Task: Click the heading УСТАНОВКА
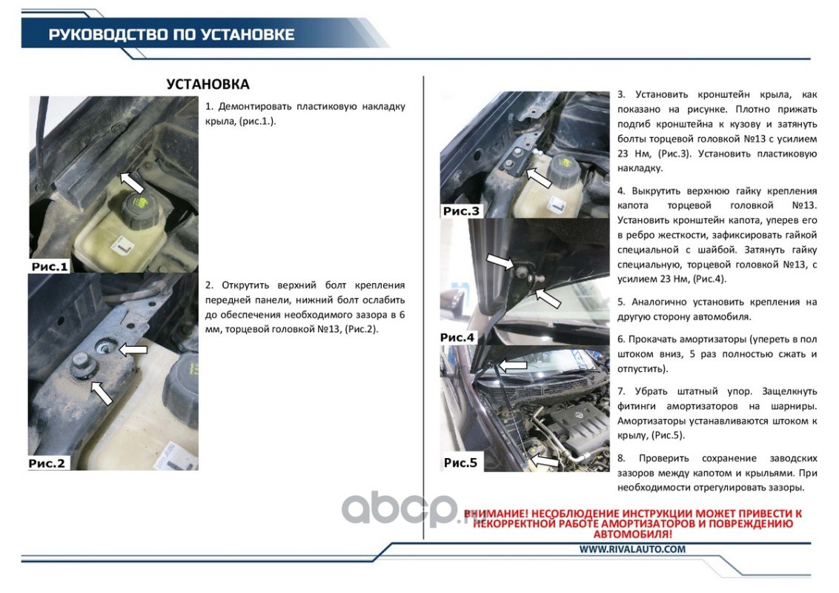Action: point(208,84)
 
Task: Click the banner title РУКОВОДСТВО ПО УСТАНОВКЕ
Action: point(172,35)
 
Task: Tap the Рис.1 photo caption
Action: point(50,267)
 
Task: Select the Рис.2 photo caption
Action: point(47,463)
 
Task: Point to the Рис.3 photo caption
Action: point(461,211)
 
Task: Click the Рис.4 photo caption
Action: point(457,337)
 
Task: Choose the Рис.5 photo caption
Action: point(460,463)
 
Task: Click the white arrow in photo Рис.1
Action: point(132,182)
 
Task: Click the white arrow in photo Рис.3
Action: point(538,177)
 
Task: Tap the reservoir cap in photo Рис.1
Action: point(139,209)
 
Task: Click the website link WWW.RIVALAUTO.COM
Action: point(632,549)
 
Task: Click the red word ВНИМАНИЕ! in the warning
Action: point(496,514)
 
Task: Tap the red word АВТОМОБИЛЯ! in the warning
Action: point(632,534)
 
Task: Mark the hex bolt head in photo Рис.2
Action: point(82,365)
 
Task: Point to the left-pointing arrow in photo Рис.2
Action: point(133,349)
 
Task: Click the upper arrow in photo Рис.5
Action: point(513,365)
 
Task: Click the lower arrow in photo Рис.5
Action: point(544,461)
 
